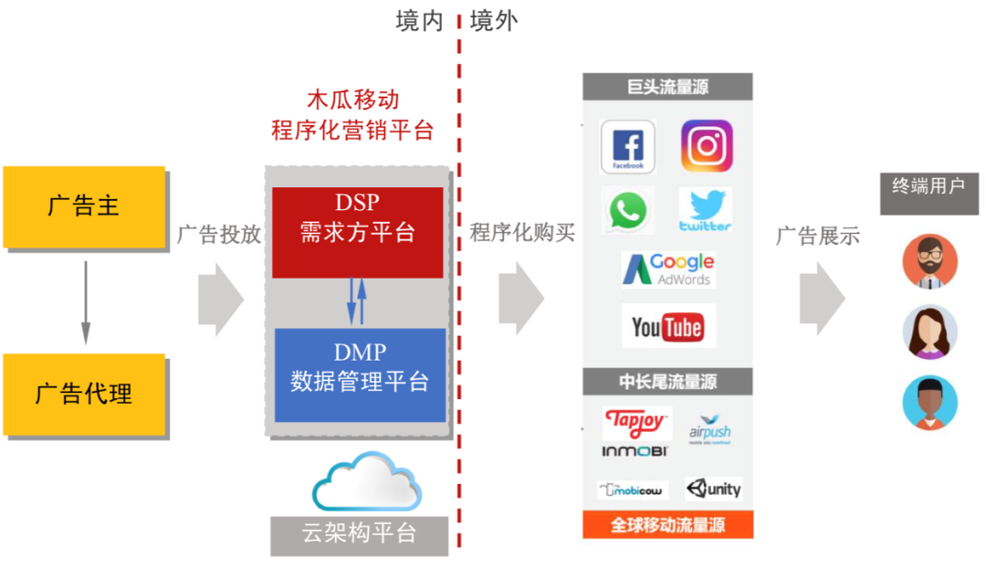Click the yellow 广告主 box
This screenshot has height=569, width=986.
(83, 205)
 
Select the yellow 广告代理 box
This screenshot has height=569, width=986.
(83, 394)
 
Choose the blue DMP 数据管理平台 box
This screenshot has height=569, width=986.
(360, 374)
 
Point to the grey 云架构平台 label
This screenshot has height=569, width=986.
(359, 534)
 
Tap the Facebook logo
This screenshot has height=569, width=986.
(627, 147)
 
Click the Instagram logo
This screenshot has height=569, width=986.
(707, 146)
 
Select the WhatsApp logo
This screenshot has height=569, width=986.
(627, 210)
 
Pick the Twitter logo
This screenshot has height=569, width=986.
(705, 210)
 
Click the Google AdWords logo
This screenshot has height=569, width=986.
(668, 269)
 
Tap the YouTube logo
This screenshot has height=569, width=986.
(668, 326)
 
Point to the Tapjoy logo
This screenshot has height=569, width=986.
(637, 424)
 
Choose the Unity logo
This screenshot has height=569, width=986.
(714, 489)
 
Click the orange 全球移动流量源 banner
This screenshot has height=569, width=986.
(667, 525)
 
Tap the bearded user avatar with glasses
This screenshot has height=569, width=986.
(929, 261)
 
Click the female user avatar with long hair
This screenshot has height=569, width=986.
(929, 332)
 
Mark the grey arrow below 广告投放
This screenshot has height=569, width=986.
(220, 297)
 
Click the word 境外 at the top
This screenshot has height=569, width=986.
(493, 21)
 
